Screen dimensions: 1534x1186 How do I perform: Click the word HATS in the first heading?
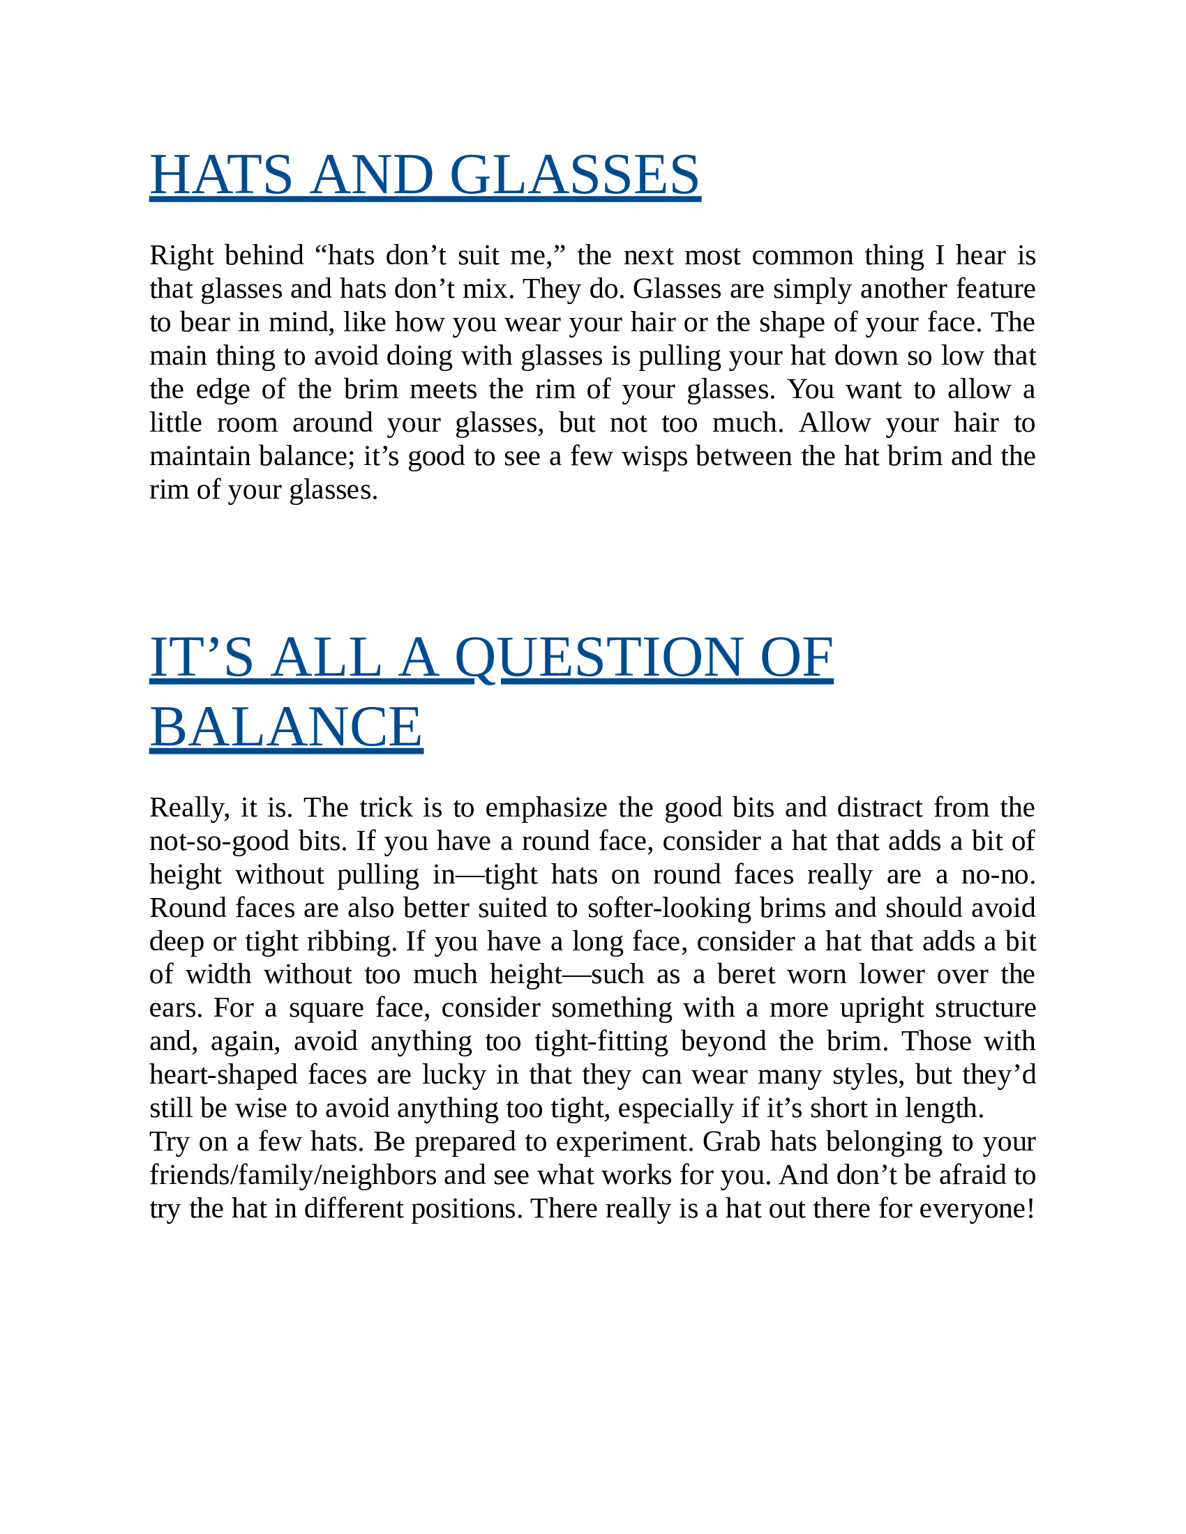pos(220,175)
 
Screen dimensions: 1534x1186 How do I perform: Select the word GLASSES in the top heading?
pos(574,175)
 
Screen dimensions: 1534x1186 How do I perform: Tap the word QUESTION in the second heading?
pos(597,658)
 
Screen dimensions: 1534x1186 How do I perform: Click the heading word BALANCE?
pos(286,727)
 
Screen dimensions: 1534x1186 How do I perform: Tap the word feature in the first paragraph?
pos(996,289)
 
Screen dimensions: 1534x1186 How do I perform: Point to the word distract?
pos(880,808)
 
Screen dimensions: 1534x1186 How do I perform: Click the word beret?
pos(746,975)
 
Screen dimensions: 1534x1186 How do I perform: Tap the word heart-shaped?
pos(223,1075)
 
